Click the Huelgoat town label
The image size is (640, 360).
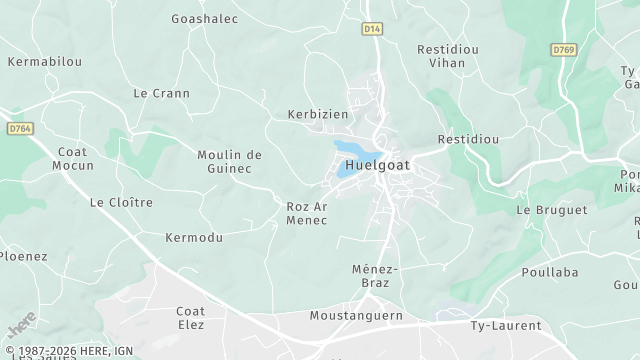click(x=378, y=166)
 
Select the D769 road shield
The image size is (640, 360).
click(x=563, y=48)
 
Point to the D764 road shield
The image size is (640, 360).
click(x=19, y=128)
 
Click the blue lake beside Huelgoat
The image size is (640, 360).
click(x=349, y=159)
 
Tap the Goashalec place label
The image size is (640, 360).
click(x=204, y=18)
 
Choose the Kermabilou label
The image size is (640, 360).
click(x=44, y=61)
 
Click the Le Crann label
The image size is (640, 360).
click(x=155, y=92)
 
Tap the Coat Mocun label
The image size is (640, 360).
click(x=71, y=158)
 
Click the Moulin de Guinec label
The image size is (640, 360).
click(x=229, y=161)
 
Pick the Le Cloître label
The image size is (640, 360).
click(x=121, y=202)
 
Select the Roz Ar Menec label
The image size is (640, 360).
click(x=307, y=213)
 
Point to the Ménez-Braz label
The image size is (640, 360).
click(x=376, y=276)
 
